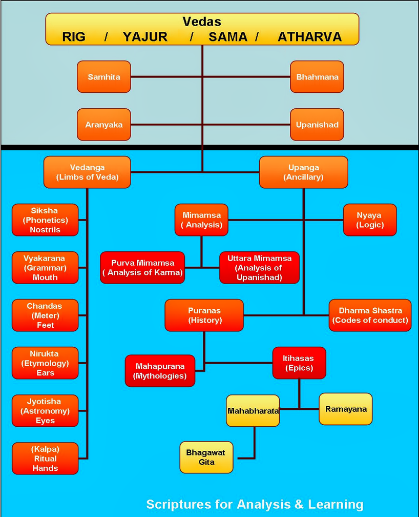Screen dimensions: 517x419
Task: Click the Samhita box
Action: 104,77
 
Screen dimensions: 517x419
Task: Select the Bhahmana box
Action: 317,77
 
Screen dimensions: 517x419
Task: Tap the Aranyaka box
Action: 104,125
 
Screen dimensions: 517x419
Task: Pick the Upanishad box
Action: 317,125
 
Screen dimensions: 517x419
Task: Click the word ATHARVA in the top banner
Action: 309,37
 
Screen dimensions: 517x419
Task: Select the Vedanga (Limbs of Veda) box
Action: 87,172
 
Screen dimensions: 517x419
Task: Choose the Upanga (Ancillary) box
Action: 303,172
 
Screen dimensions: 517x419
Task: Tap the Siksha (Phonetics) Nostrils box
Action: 45,220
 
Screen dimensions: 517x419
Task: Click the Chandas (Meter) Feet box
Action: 45,315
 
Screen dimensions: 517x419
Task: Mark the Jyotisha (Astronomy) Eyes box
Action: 45,411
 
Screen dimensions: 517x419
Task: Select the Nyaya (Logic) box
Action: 369,220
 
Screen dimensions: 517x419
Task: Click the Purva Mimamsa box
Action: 142,268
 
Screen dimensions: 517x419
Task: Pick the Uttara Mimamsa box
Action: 259,268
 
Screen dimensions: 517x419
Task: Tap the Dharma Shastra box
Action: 370,315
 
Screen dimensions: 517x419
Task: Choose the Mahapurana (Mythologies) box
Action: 160,371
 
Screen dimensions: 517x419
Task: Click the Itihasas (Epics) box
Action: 299,363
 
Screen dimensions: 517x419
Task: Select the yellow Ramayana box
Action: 345,409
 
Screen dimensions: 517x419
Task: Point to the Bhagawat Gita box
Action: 206,457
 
